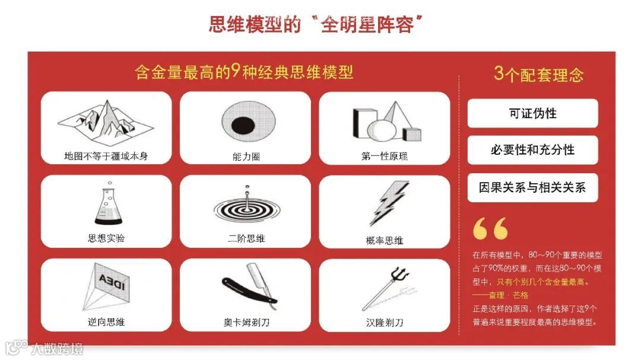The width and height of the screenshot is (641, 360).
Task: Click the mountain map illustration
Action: pos(106,123)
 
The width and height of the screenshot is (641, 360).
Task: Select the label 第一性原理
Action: pos(384,156)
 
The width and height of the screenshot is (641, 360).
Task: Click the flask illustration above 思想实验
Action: pos(109,203)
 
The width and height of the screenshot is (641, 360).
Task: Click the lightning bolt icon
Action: pos(388,203)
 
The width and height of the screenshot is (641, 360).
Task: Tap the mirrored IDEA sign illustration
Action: pos(106,286)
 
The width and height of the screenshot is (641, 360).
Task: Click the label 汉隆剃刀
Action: pos(385,323)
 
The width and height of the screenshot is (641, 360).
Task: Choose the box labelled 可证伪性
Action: pos(532,113)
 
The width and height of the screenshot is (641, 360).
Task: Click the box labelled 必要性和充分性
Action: pos(532,150)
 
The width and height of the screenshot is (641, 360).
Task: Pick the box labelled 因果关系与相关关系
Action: pos(532,187)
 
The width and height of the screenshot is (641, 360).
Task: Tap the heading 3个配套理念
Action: pos(538,74)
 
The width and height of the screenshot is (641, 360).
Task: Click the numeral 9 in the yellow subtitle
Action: pos(234,72)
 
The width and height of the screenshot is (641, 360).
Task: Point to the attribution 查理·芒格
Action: pos(508,295)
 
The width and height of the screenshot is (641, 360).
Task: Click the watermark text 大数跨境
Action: pos(57,349)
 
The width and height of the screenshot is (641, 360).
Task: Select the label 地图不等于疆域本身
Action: pos(106,156)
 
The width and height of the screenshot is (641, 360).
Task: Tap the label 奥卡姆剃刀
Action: pos(246,323)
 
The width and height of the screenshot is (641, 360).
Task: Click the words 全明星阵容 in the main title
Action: pos(367,25)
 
